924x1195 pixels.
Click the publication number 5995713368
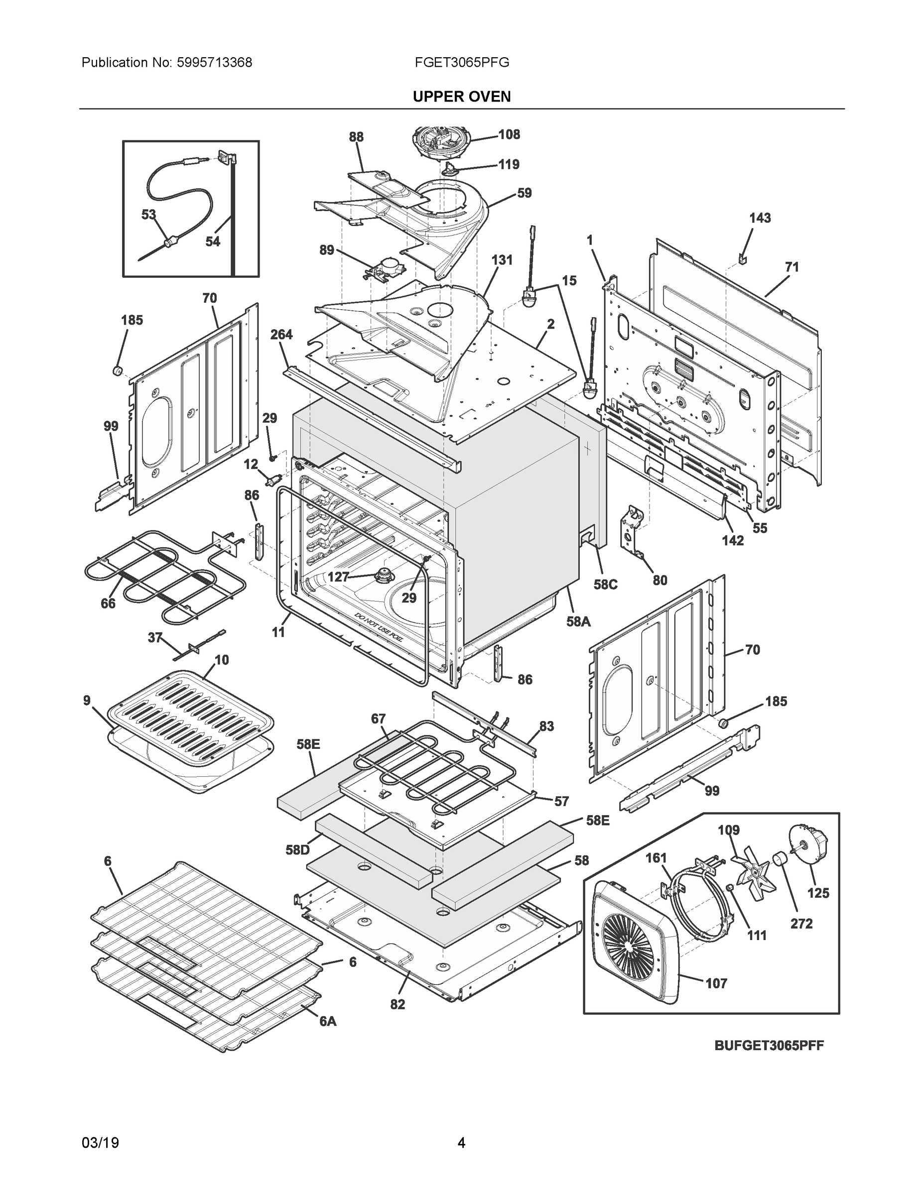214,63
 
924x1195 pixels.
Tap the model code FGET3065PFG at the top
461,63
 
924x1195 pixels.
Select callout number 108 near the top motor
509,134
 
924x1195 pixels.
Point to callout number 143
760,218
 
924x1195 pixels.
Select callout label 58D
297,850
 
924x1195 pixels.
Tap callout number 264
281,335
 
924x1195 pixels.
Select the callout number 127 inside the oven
338,577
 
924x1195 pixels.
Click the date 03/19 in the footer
100,1143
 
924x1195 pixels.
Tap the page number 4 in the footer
461,1143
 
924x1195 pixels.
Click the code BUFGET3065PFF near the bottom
769,1045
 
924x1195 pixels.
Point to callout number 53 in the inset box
148,215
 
